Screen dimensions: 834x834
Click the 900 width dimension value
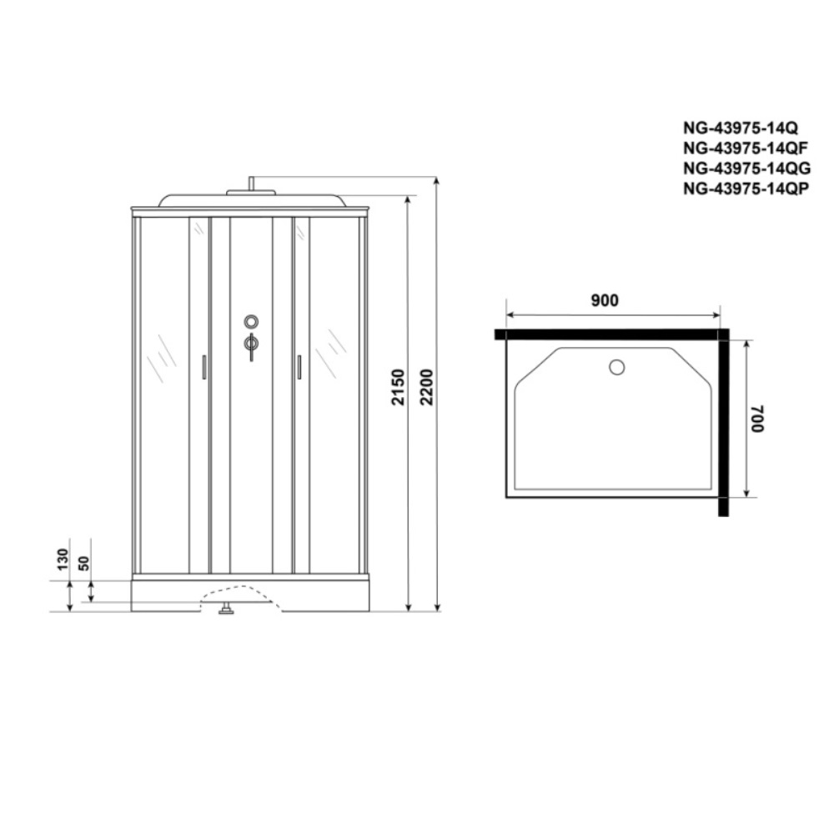pos(605,301)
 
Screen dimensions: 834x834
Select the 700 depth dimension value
pos(756,417)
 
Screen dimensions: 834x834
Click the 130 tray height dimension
pos(63,560)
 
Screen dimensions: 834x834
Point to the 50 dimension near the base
pos(83,560)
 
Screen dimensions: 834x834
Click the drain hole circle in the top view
pos(616,366)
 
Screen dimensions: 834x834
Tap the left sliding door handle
pos(204,367)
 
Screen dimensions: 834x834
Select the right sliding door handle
pos(298,367)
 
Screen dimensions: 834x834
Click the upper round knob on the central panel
pos(251,321)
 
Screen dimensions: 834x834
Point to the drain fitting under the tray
pos(225,610)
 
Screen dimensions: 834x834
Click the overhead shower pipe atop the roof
pos(250,185)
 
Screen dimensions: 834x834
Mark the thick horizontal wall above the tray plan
pos(609,334)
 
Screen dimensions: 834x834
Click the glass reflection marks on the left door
pos(161,358)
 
